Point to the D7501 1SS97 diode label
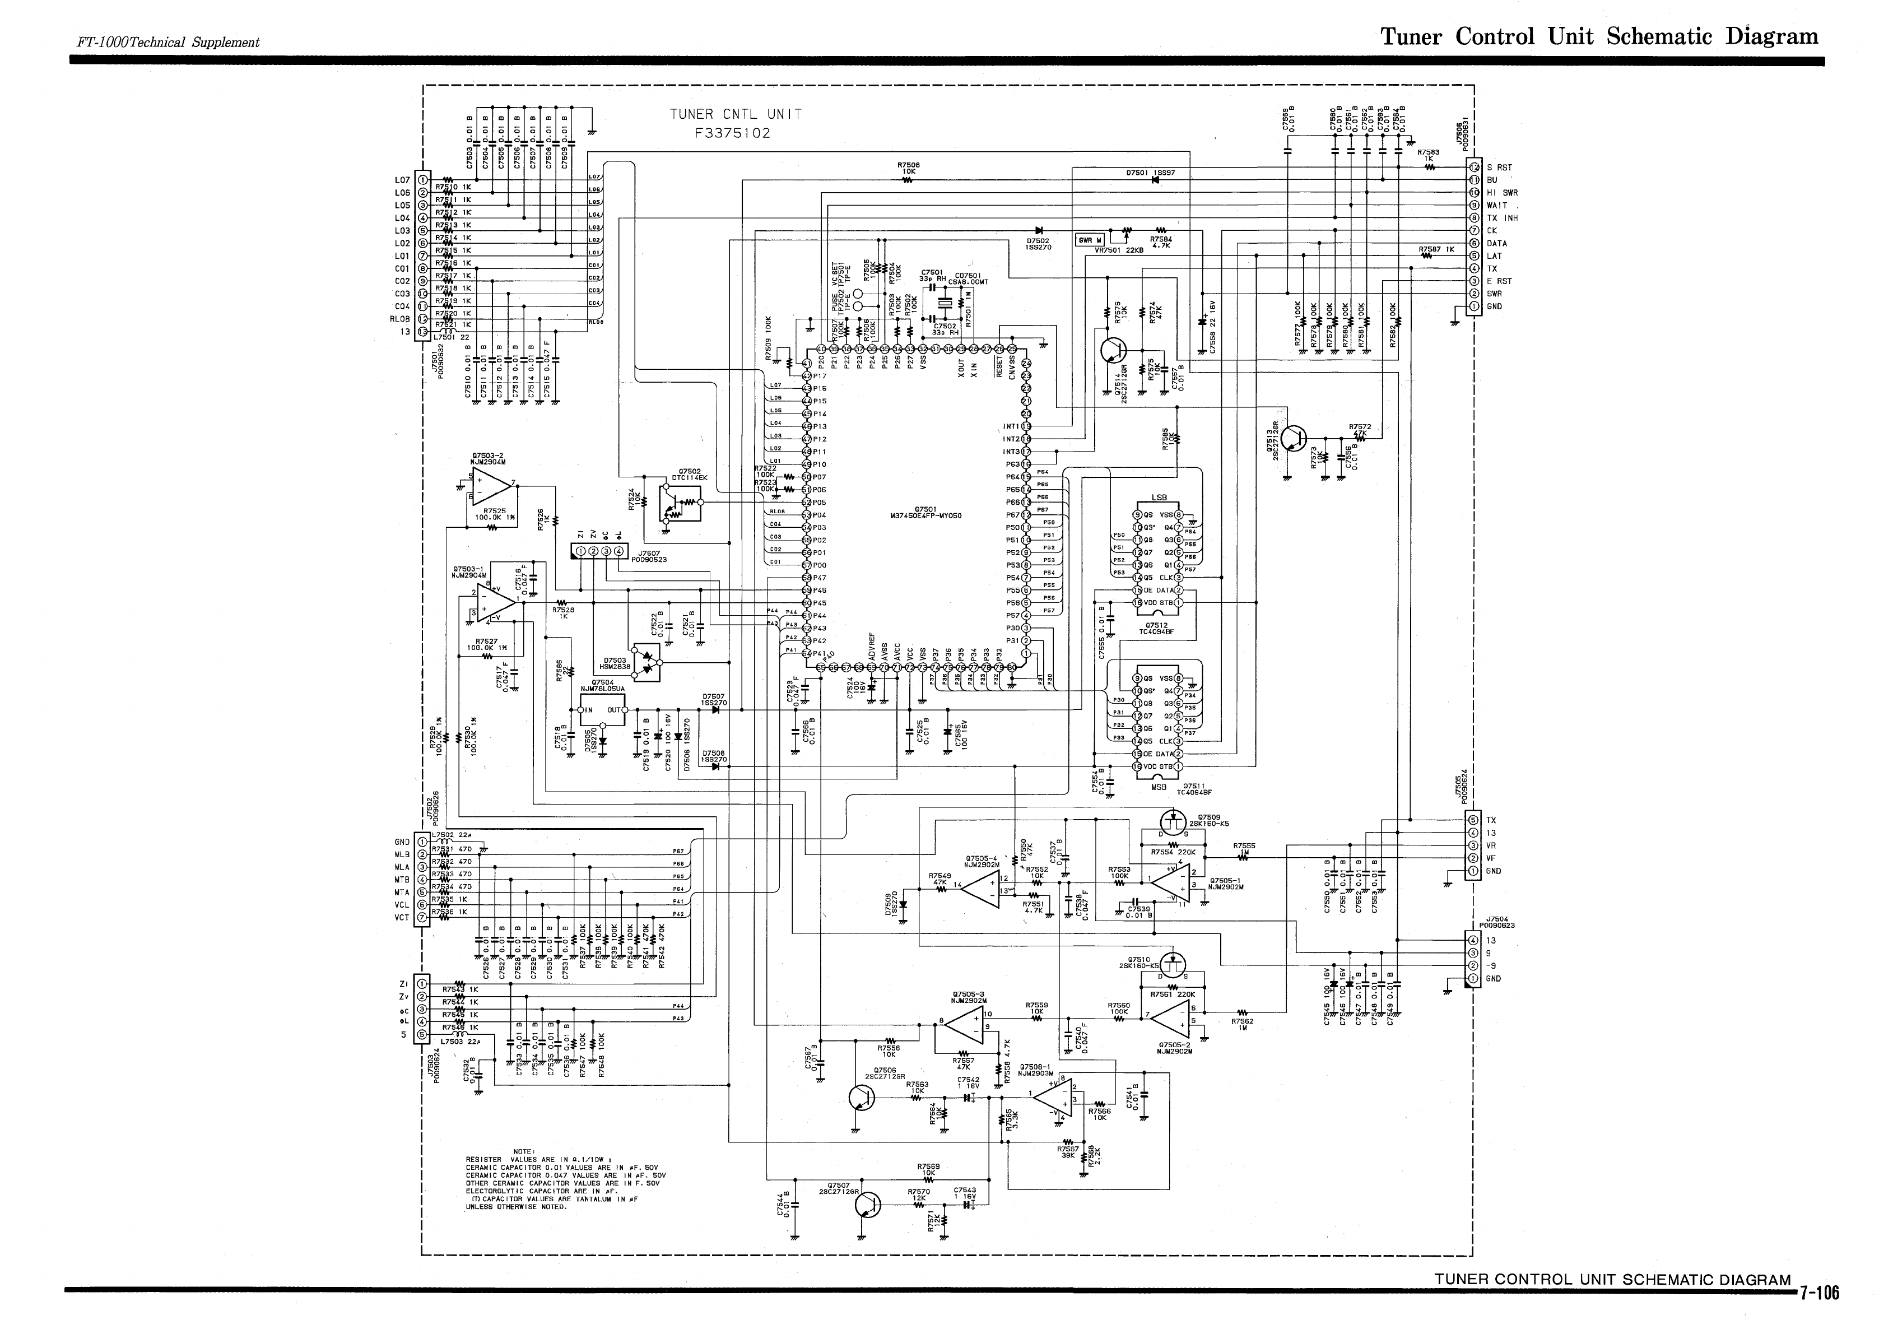point(1150,173)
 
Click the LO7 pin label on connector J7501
point(402,180)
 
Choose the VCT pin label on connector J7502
point(402,917)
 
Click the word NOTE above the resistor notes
point(524,1151)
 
